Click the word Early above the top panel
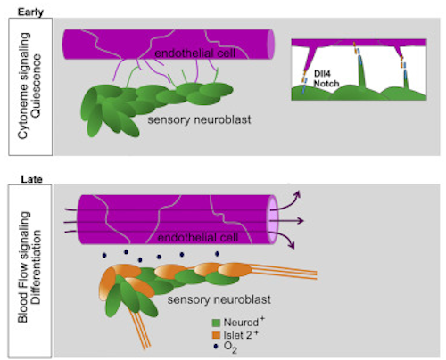click(x=30, y=12)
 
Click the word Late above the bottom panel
click(x=31, y=179)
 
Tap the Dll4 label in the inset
click(x=322, y=73)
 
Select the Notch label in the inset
click(x=326, y=84)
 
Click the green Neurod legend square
click(x=216, y=323)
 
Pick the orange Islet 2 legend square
click(x=216, y=335)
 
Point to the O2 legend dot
click(x=216, y=347)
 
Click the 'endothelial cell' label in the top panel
click(x=194, y=53)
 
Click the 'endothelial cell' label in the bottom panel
click(x=198, y=238)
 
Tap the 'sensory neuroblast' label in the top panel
click(x=199, y=119)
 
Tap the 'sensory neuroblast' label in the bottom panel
click(x=219, y=299)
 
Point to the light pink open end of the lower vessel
click(x=272, y=220)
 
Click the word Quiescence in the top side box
click(x=36, y=86)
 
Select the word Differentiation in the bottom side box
click(x=36, y=266)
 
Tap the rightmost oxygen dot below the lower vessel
click(x=218, y=254)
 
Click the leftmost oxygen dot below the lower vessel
click(x=104, y=255)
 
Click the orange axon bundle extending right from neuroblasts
click(x=283, y=272)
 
